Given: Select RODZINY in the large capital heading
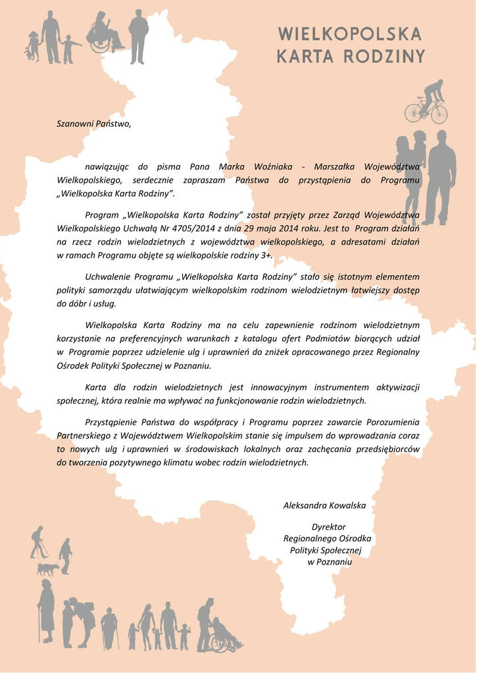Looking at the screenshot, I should (x=385, y=57).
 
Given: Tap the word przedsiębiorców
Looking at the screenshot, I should (x=387, y=449).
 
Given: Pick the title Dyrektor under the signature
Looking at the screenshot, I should (x=328, y=527).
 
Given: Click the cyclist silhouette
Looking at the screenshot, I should (x=426, y=103).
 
